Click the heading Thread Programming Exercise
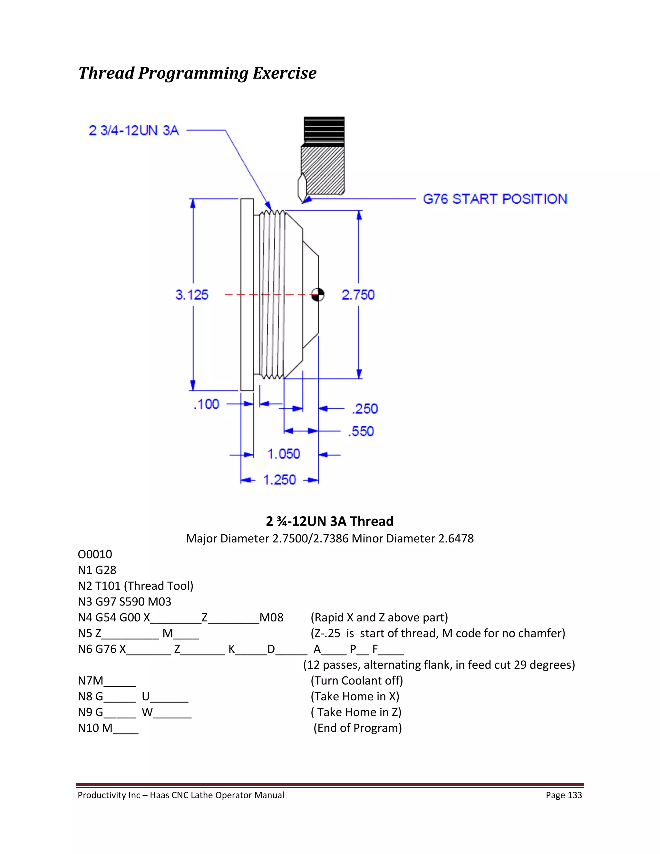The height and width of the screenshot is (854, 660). [x=198, y=73]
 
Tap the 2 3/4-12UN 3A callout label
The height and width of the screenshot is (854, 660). [x=134, y=130]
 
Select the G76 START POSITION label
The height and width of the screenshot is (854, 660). [x=495, y=199]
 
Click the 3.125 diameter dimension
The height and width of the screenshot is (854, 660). [x=192, y=295]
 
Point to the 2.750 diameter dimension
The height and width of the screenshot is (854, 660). [x=358, y=295]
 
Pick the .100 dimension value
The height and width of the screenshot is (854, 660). [x=207, y=404]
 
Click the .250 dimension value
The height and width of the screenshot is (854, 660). [x=365, y=409]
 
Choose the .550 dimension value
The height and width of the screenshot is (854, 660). [x=361, y=431]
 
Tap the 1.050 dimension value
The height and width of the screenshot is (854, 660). [x=284, y=454]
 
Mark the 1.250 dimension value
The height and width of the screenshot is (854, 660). [x=279, y=480]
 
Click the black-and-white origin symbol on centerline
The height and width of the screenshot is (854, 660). [x=317, y=295]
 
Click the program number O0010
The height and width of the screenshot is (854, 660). [x=95, y=554]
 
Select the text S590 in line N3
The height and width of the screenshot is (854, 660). [x=132, y=601]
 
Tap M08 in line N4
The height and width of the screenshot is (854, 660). [x=272, y=617]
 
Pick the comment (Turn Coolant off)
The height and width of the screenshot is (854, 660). [x=357, y=681]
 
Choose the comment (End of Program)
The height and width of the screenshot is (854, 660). [x=358, y=728]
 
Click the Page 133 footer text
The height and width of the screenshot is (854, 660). [x=564, y=795]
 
